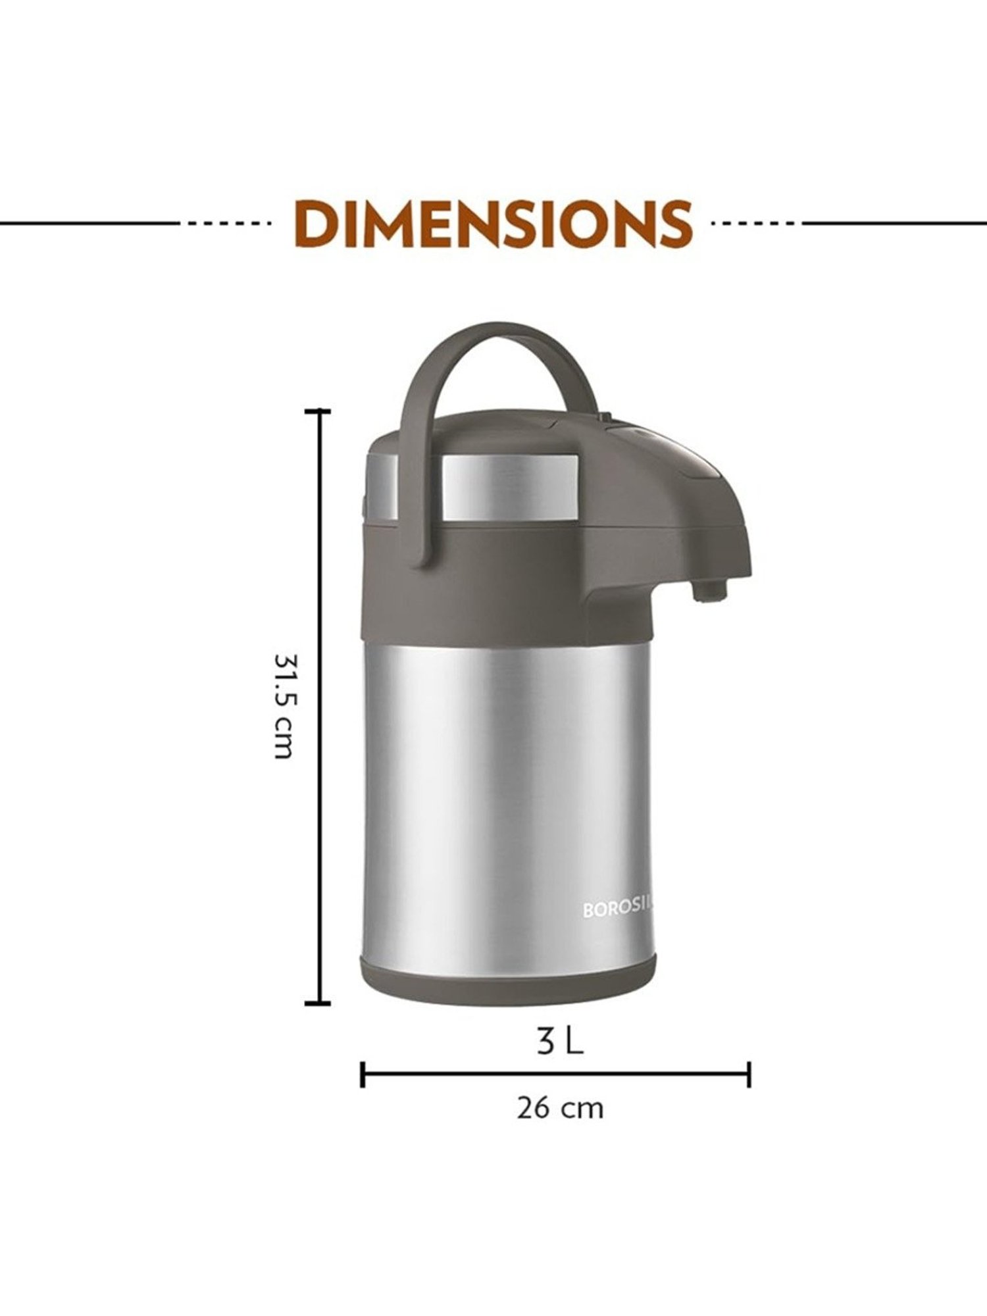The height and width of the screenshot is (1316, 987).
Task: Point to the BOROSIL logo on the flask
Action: coord(619,910)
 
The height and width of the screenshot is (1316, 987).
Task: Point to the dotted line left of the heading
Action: coord(230,223)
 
